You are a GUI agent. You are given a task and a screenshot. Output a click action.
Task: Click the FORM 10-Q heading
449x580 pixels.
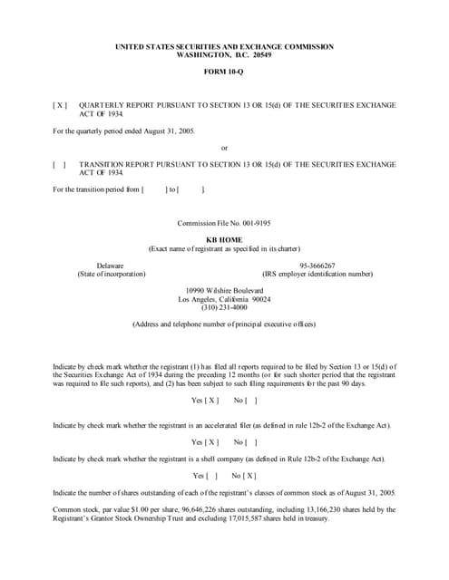(224, 72)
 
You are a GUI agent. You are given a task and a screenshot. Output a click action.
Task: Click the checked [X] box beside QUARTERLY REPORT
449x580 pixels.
(60, 105)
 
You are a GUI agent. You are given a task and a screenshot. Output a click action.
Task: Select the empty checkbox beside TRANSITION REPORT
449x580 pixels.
(60, 164)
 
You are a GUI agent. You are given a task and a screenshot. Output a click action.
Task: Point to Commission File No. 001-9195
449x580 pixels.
(224, 222)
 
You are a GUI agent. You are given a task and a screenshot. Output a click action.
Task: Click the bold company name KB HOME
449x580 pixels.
(224, 239)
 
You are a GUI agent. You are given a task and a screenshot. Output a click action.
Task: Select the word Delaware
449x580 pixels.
(111, 265)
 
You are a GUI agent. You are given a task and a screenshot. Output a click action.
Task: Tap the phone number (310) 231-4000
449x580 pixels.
(224, 306)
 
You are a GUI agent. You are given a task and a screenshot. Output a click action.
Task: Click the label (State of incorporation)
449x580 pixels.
(111, 273)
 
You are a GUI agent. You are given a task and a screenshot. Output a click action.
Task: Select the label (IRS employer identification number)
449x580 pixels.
(317, 273)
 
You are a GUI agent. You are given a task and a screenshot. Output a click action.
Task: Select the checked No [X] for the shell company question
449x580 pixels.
(243, 475)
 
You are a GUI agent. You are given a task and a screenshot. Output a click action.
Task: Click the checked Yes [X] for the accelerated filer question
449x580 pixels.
(205, 441)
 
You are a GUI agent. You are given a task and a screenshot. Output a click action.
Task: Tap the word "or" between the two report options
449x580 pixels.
(224, 149)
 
